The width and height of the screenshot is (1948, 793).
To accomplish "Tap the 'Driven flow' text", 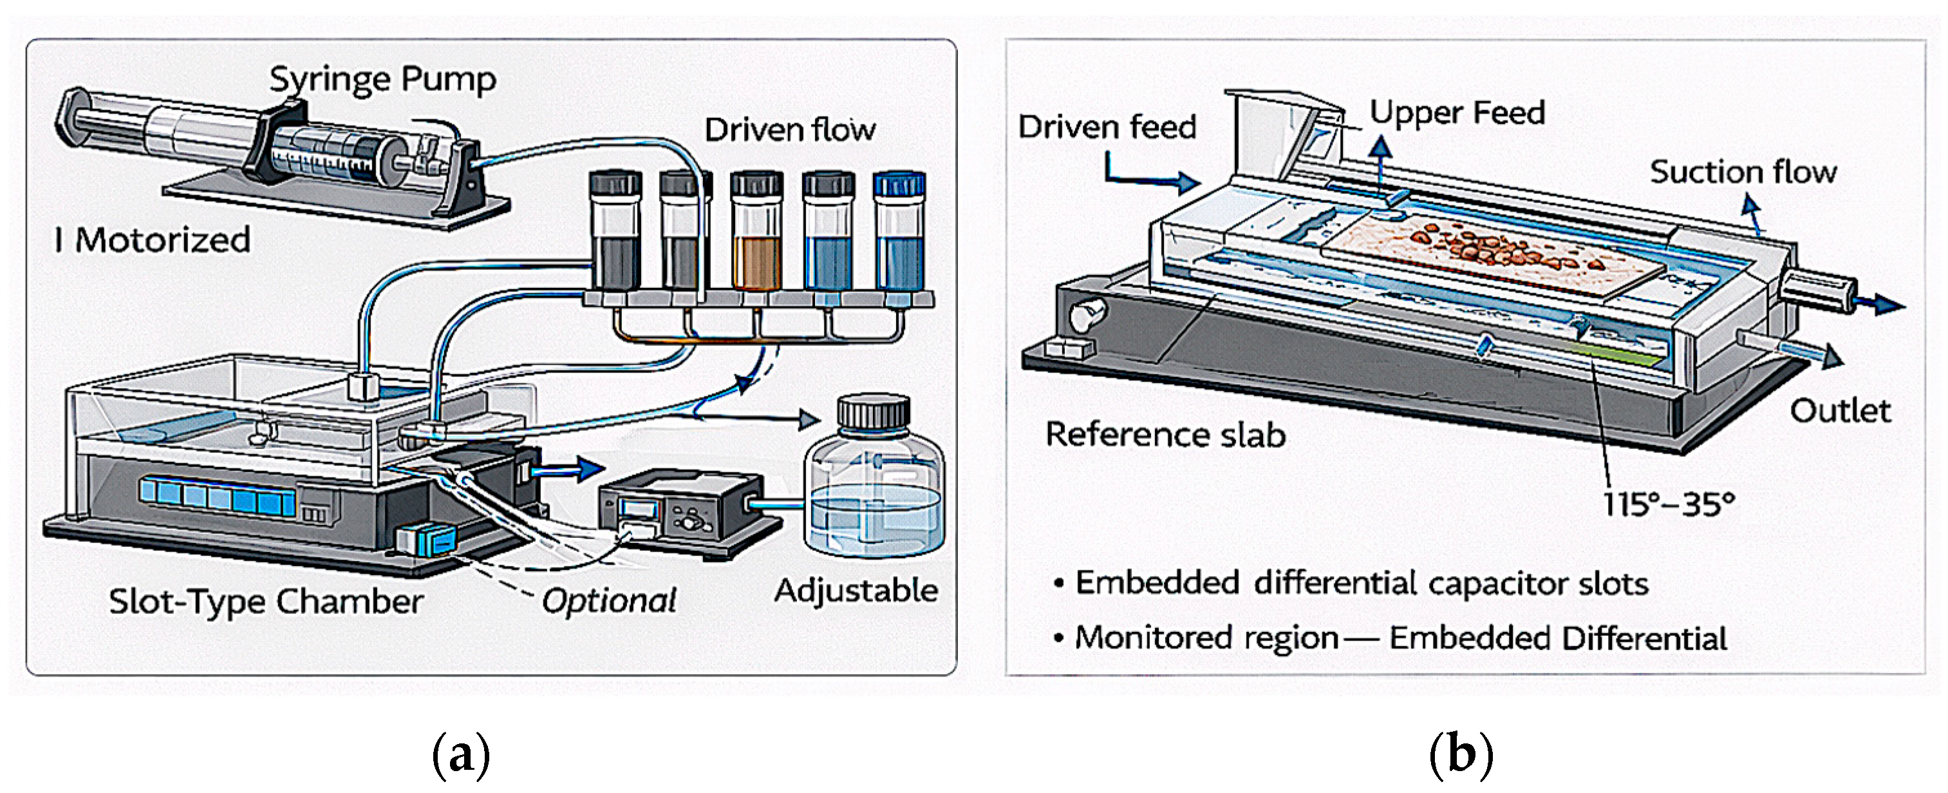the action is [791, 129].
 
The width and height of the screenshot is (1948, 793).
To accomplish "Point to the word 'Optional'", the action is [609, 602].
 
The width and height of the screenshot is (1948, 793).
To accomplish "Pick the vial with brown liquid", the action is [756, 231].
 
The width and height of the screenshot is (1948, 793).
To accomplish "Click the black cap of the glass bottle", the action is [874, 412].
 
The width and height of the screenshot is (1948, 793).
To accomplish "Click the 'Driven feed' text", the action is [1107, 127].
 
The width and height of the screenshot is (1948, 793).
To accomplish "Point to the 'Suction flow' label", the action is [1743, 173].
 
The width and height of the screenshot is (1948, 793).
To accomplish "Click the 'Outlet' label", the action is [1840, 411].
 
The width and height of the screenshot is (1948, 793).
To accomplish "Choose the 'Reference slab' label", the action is [1165, 435].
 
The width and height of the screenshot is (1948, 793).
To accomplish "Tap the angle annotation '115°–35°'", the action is [1668, 503].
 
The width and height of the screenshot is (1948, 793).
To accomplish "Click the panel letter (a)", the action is [460, 754].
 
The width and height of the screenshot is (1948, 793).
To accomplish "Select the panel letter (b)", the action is [1461, 754].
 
